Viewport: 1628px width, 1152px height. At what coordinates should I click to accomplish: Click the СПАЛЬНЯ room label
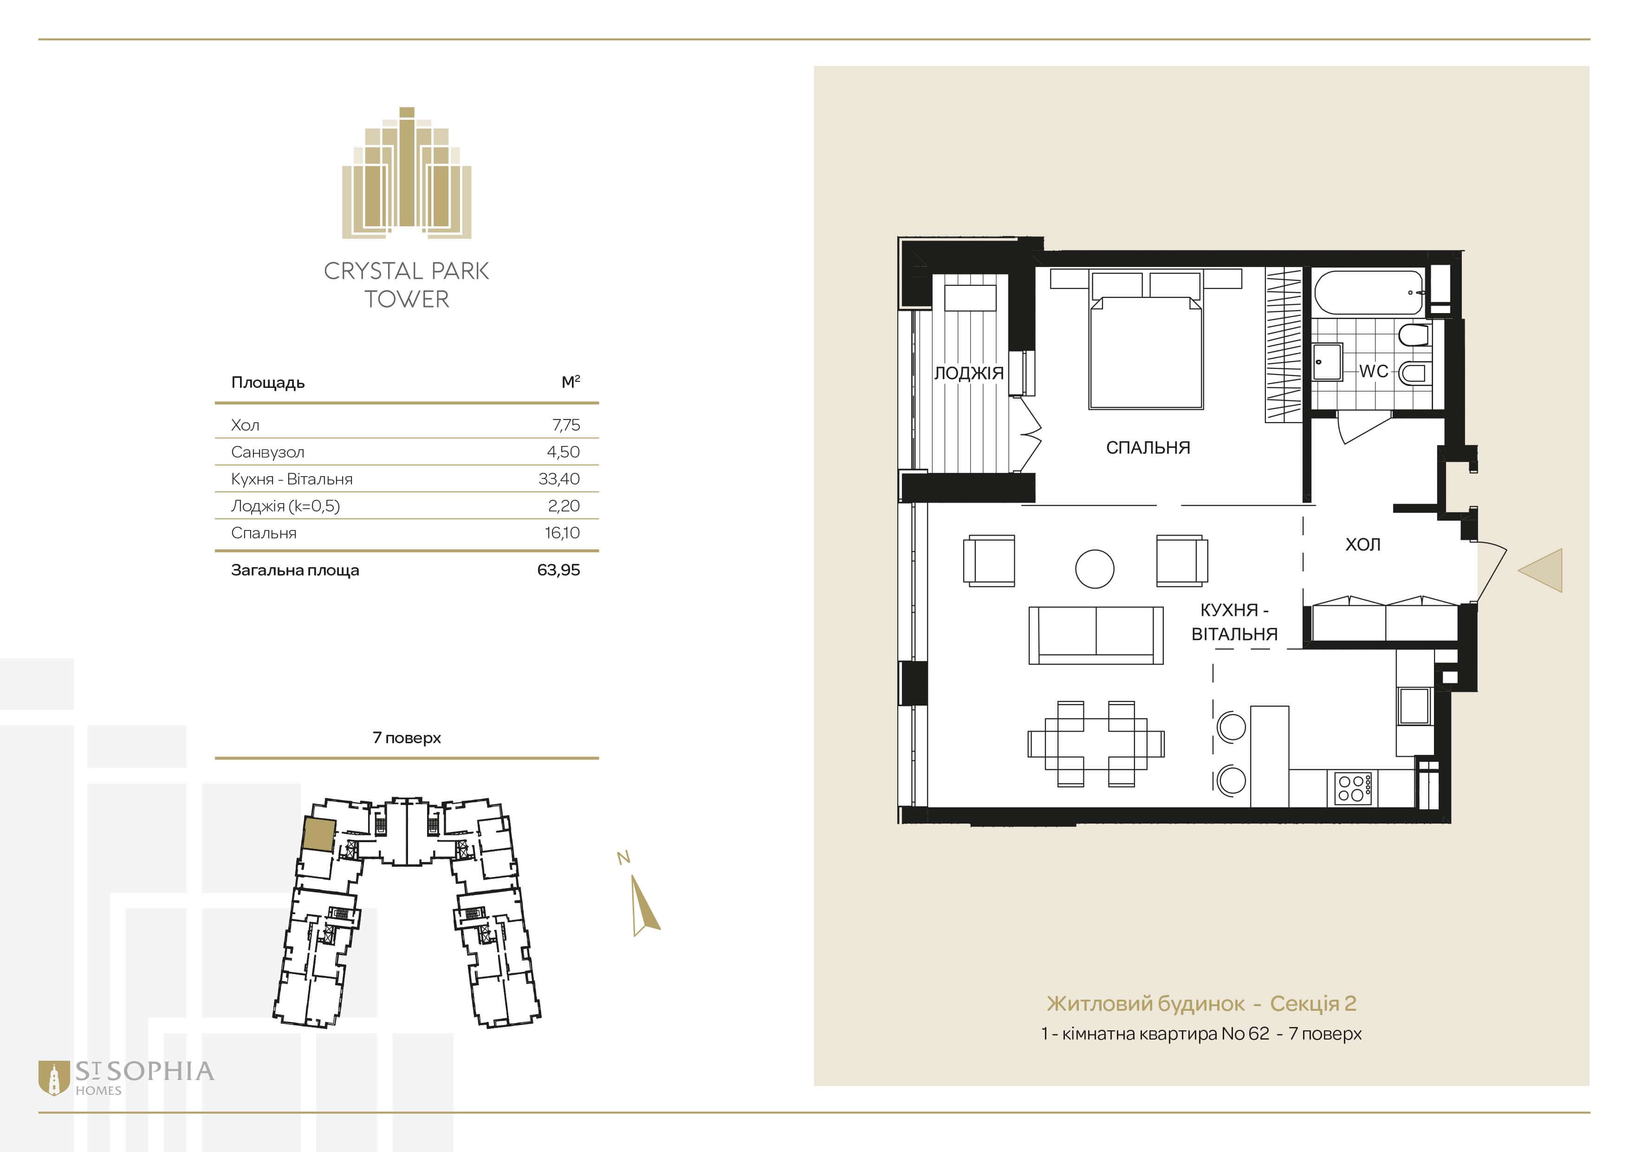pyautogui.click(x=1148, y=448)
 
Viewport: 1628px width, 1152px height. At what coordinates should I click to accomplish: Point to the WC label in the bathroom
pyautogui.click(x=1374, y=371)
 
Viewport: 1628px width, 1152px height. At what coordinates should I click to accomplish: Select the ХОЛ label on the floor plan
pyautogui.click(x=1363, y=545)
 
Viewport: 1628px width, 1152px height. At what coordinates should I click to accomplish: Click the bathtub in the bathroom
pyautogui.click(x=1369, y=292)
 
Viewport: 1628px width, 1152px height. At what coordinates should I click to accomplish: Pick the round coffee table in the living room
pyautogui.click(x=1095, y=569)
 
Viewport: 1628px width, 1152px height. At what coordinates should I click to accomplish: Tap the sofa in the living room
pyautogui.click(x=1096, y=635)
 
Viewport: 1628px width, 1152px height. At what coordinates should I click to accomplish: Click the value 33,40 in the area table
pyautogui.click(x=559, y=479)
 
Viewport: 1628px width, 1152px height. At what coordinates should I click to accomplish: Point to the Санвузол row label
pyautogui.click(x=267, y=452)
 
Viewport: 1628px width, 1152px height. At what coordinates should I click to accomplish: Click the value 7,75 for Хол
pyautogui.click(x=566, y=425)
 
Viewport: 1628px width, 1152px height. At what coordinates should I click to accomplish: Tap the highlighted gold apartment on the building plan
pyautogui.click(x=318, y=834)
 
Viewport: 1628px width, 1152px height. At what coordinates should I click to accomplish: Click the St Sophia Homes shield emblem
pyautogui.click(x=53, y=1078)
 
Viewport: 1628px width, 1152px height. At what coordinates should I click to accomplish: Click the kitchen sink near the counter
pyautogui.click(x=1414, y=706)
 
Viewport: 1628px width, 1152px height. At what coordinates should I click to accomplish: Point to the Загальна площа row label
pyautogui.click(x=295, y=570)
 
